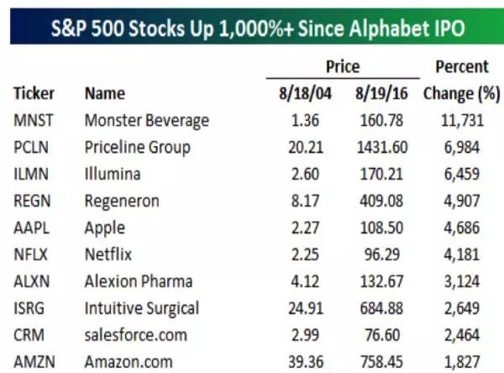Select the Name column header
(105, 93)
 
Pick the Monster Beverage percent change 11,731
(461, 120)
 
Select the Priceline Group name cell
(138, 147)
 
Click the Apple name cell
(105, 228)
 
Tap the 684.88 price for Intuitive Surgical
(384, 308)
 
